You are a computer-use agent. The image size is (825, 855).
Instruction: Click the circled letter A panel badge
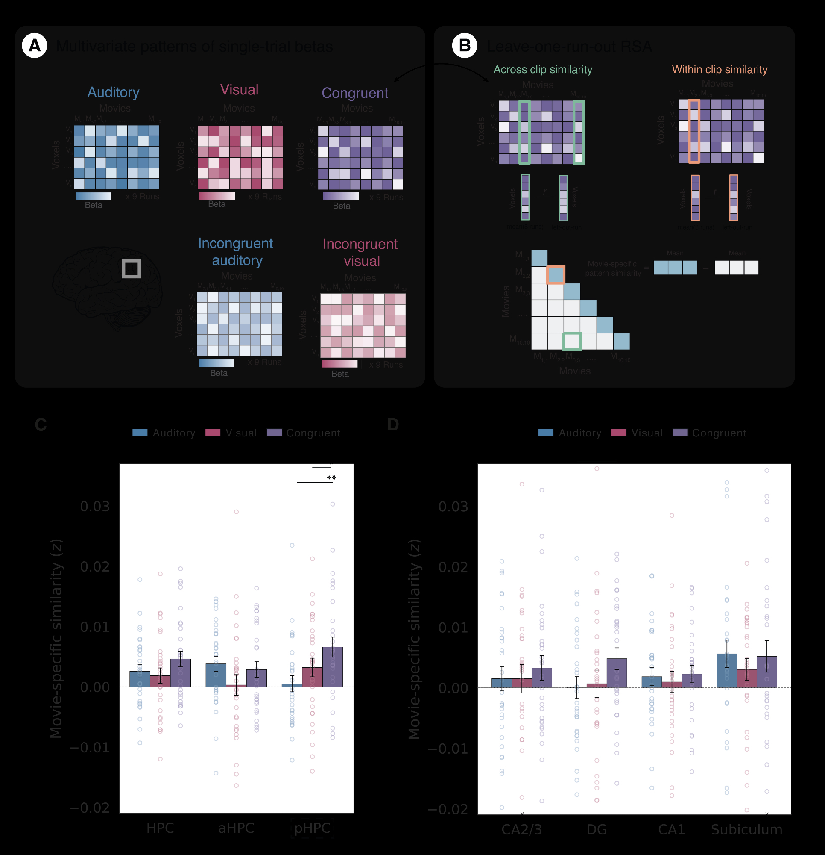[x=35, y=45]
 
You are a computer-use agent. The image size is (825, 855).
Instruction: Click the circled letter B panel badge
[x=464, y=45]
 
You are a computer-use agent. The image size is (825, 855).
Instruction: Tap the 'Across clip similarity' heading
[x=543, y=70]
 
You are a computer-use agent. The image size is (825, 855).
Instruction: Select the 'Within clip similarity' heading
[x=719, y=70]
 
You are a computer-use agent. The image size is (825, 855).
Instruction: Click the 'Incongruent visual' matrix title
[x=360, y=253]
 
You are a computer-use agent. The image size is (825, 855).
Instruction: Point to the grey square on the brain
[x=131, y=269]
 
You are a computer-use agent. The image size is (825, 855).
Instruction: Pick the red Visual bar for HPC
[x=161, y=681]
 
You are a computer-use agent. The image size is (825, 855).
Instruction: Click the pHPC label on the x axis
[x=312, y=828]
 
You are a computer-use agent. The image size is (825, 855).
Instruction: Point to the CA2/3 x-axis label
[x=522, y=829]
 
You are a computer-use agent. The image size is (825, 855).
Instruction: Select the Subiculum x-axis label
[x=746, y=829]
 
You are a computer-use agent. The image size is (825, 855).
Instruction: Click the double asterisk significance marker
[x=331, y=478]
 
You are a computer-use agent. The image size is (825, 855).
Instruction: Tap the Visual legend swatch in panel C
[x=213, y=433]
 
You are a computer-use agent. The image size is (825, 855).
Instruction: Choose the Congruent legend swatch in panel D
[x=680, y=433]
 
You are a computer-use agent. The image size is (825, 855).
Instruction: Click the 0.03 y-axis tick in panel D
[x=453, y=507]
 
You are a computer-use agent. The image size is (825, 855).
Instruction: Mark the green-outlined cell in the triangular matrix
[x=572, y=342]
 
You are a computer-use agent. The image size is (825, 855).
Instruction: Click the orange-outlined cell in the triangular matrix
[x=556, y=275]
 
